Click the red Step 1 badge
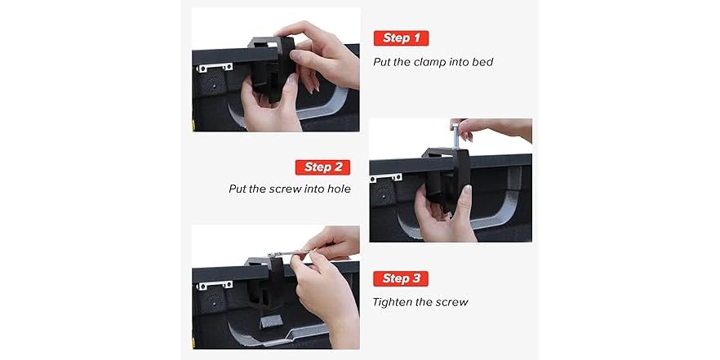coord(401,38)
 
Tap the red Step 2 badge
coord(322,167)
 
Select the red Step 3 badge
coord(401,278)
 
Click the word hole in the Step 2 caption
coord(337,189)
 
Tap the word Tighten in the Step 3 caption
coord(393,302)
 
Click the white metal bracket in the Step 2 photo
coord(385,176)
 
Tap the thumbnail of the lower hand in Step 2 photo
coord(466,192)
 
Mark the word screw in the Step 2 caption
coord(285,189)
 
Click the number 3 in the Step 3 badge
coord(416,278)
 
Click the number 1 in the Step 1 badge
coord(416,38)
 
